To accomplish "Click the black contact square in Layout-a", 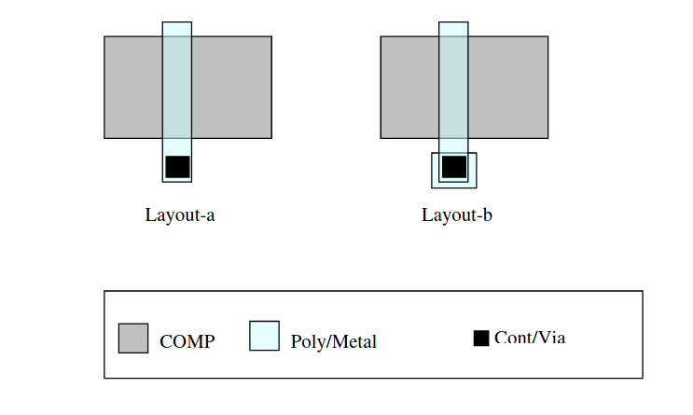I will (x=177, y=167).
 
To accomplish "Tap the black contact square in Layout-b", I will (x=454, y=167).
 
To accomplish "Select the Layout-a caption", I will (x=180, y=215).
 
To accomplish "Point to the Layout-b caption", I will (x=457, y=215).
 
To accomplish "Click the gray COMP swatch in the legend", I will (x=133, y=338).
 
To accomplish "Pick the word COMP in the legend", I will (x=187, y=341).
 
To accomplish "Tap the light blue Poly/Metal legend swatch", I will (x=264, y=336).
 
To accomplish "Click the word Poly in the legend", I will (x=305, y=342).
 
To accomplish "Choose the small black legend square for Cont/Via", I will (x=481, y=338).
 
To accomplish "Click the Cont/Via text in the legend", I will (x=530, y=338).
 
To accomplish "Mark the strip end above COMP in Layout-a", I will (x=177, y=29).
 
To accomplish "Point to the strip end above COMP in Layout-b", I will (x=453, y=29).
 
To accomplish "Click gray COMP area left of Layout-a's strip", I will (x=132, y=87).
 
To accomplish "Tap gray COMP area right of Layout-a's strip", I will (x=231, y=87).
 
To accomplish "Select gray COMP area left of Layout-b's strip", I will (x=409, y=87).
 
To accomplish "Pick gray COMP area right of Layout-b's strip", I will (x=507, y=87).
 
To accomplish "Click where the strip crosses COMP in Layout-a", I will (x=177, y=87).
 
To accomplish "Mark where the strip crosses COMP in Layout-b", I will (x=453, y=87).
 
